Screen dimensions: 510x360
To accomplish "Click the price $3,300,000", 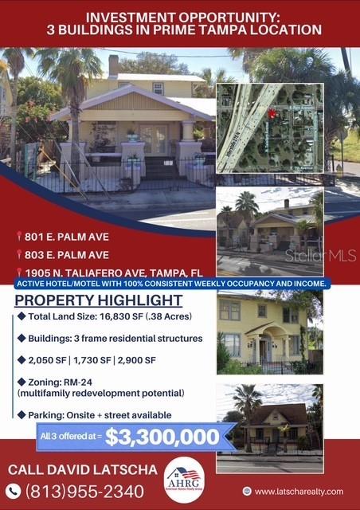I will pyautogui.click(x=162, y=437).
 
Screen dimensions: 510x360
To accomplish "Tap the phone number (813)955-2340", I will pyautogui.click(x=85, y=491).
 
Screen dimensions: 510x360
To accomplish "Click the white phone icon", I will pyautogui.click(x=14, y=491).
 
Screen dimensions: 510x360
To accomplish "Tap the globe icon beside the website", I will pyautogui.click(x=248, y=492).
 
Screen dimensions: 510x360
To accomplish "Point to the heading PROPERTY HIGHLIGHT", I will pyautogui.click(x=99, y=300).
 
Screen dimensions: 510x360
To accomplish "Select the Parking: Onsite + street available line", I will pyautogui.click(x=99, y=415).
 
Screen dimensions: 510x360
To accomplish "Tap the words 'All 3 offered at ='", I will pyautogui.click(x=70, y=435).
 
